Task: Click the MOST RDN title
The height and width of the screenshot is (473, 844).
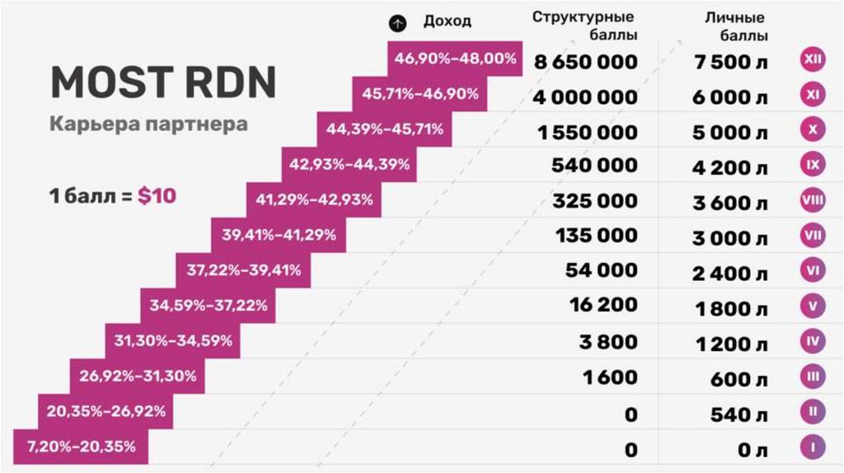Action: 163,82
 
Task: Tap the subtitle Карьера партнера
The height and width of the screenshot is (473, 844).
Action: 148,124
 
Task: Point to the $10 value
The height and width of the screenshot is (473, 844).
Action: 157,197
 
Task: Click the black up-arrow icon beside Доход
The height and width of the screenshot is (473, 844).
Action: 399,23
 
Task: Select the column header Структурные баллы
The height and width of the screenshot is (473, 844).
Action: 584,26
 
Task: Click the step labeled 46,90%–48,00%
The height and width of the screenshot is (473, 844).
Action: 455,59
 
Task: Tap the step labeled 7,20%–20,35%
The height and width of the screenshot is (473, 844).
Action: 82,447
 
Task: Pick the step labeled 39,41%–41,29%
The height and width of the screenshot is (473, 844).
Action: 279,235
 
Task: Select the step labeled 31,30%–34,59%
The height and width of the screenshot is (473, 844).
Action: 173,340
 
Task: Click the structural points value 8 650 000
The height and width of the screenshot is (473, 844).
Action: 585,61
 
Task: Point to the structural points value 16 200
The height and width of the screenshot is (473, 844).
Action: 603,305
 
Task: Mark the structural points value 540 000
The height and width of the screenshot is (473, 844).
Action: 594,166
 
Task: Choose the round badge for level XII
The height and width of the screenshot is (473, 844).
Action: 812,60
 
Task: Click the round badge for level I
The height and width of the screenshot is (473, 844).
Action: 812,447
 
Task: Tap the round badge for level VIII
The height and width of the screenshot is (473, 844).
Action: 812,200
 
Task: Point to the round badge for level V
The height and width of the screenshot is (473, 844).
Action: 812,306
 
